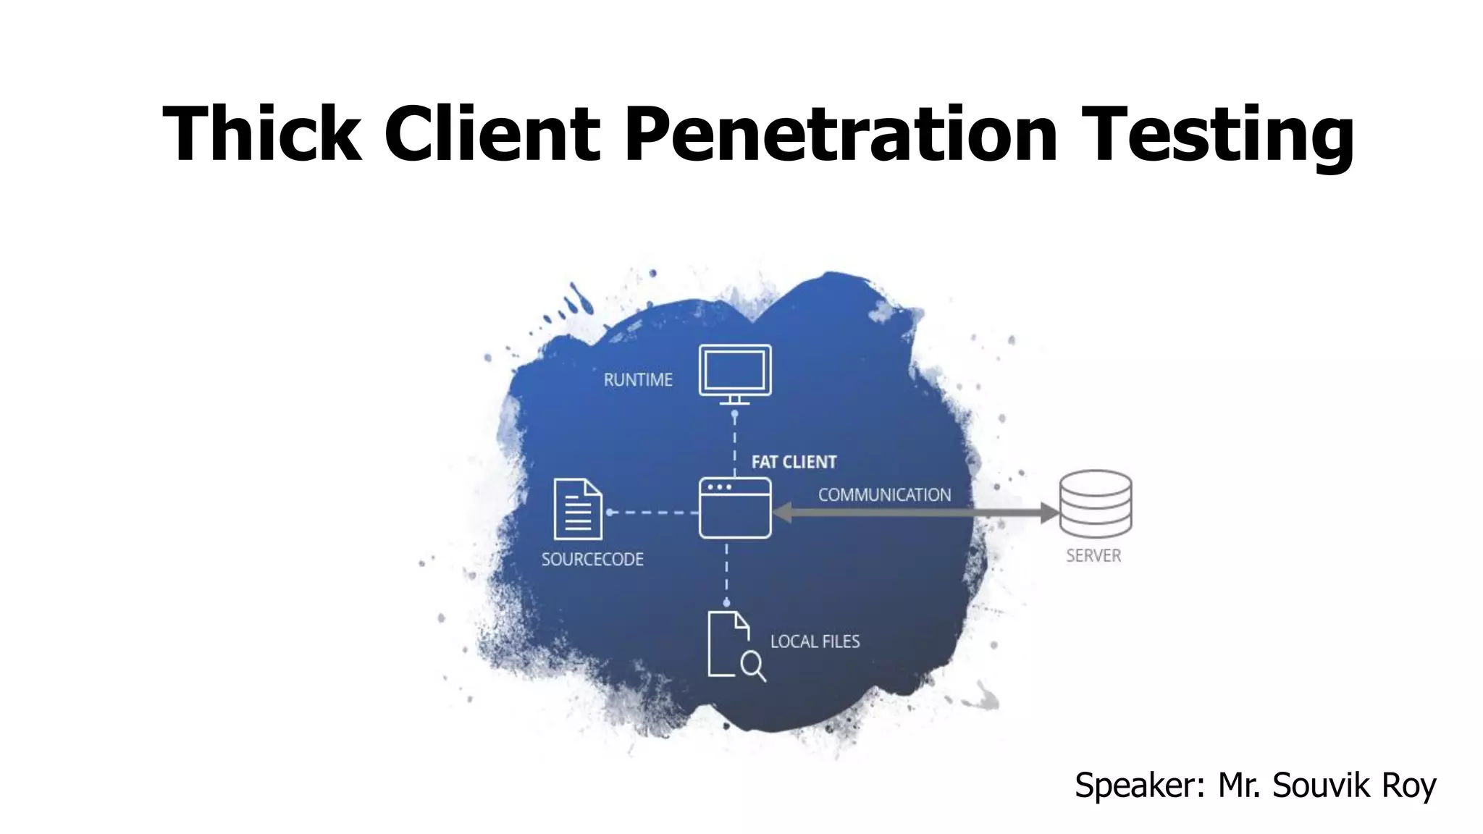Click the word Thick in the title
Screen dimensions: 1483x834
[x=261, y=134]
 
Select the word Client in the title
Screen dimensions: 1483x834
[x=492, y=134]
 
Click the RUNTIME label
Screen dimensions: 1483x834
[x=638, y=380]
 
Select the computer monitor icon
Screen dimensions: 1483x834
[x=735, y=372]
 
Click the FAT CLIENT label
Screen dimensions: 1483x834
[x=794, y=462]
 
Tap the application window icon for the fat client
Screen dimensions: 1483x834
[x=735, y=508]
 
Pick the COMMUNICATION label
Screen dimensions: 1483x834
[x=884, y=495]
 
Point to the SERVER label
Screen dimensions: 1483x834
[x=1093, y=556]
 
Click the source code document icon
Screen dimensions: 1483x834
[x=577, y=509]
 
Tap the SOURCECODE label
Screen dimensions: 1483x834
[x=592, y=560]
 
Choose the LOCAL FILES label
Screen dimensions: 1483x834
[x=815, y=641]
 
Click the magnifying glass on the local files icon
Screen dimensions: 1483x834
[x=752, y=665]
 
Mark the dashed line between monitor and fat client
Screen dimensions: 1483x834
[x=734, y=443]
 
